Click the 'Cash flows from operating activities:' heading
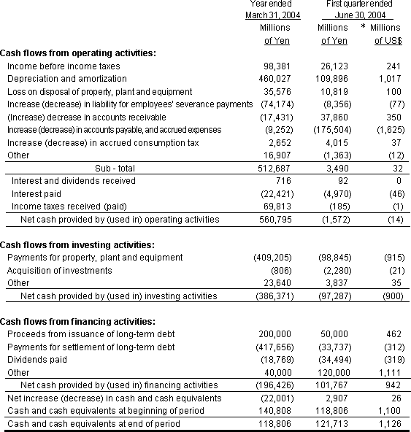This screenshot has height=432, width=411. pyautogui.click(x=77, y=53)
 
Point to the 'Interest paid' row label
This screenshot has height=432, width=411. pyautogui.click(x=35, y=193)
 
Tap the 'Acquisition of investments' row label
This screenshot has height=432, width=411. pyautogui.click(x=59, y=270)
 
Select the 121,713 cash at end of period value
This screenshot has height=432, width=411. pyautogui.click(x=337, y=423)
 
